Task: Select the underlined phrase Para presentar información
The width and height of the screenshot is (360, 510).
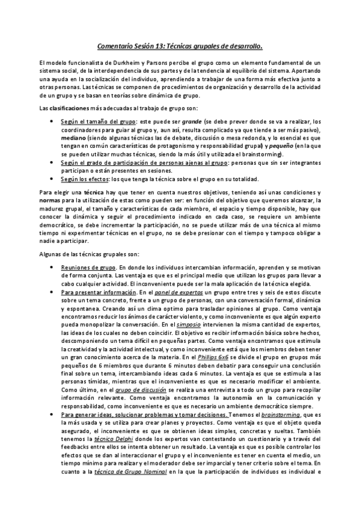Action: coord(97,292)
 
